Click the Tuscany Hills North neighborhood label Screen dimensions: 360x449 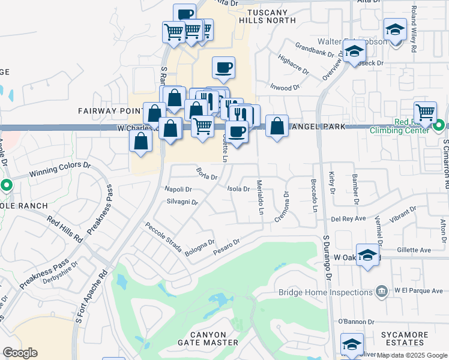pos(267,16)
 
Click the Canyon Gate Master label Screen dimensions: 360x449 pos(208,338)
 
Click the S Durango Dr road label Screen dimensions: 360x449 pos(328,257)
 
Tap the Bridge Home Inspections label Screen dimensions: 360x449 pos(326,292)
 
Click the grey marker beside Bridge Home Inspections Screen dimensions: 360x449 pos(381,292)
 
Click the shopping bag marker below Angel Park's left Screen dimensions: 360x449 pos(277,126)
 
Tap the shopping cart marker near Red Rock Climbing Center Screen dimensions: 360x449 pos(425,111)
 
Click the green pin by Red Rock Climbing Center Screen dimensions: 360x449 pos(439,125)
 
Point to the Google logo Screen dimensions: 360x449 pos(20,352)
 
